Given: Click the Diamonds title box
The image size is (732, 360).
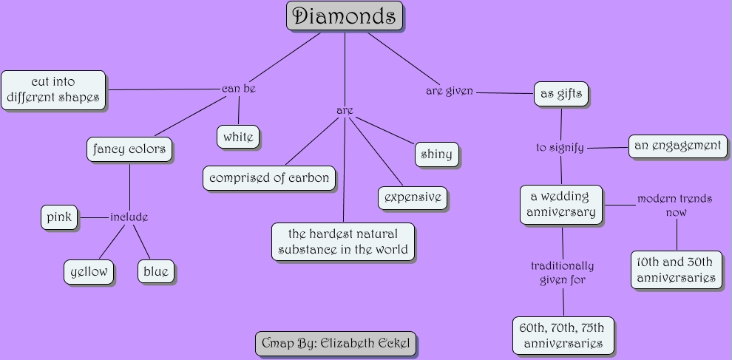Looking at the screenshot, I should [345, 16].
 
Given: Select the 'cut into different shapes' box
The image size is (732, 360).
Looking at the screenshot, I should [53, 90].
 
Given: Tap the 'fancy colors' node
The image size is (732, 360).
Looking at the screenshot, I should [129, 150].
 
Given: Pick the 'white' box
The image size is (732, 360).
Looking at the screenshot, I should [238, 137].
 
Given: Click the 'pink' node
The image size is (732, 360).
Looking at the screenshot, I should [59, 217].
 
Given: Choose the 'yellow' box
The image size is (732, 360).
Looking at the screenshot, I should [89, 272].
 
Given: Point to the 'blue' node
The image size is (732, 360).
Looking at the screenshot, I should [155, 272].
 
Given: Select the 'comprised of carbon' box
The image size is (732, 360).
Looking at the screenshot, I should [269, 178].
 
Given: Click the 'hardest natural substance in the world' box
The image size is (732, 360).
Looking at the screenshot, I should [343, 242].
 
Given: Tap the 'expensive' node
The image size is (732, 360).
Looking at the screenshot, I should [413, 197].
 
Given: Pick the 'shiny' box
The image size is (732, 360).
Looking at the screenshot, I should [436, 154].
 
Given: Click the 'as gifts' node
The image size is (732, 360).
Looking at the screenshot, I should [561, 94].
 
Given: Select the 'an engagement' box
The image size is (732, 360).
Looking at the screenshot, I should [677, 146].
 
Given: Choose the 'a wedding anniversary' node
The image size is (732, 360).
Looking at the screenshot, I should [561, 205].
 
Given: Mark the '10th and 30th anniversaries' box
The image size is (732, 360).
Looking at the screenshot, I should [676, 270].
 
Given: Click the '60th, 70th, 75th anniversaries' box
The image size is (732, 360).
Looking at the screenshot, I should [563, 336].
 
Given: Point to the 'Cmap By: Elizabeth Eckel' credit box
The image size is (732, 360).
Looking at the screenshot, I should [335, 344].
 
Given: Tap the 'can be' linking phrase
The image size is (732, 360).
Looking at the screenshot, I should [239, 89].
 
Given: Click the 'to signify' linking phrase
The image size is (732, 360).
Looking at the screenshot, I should [560, 148].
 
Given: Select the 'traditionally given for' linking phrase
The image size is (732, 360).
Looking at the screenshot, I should [563, 272].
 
